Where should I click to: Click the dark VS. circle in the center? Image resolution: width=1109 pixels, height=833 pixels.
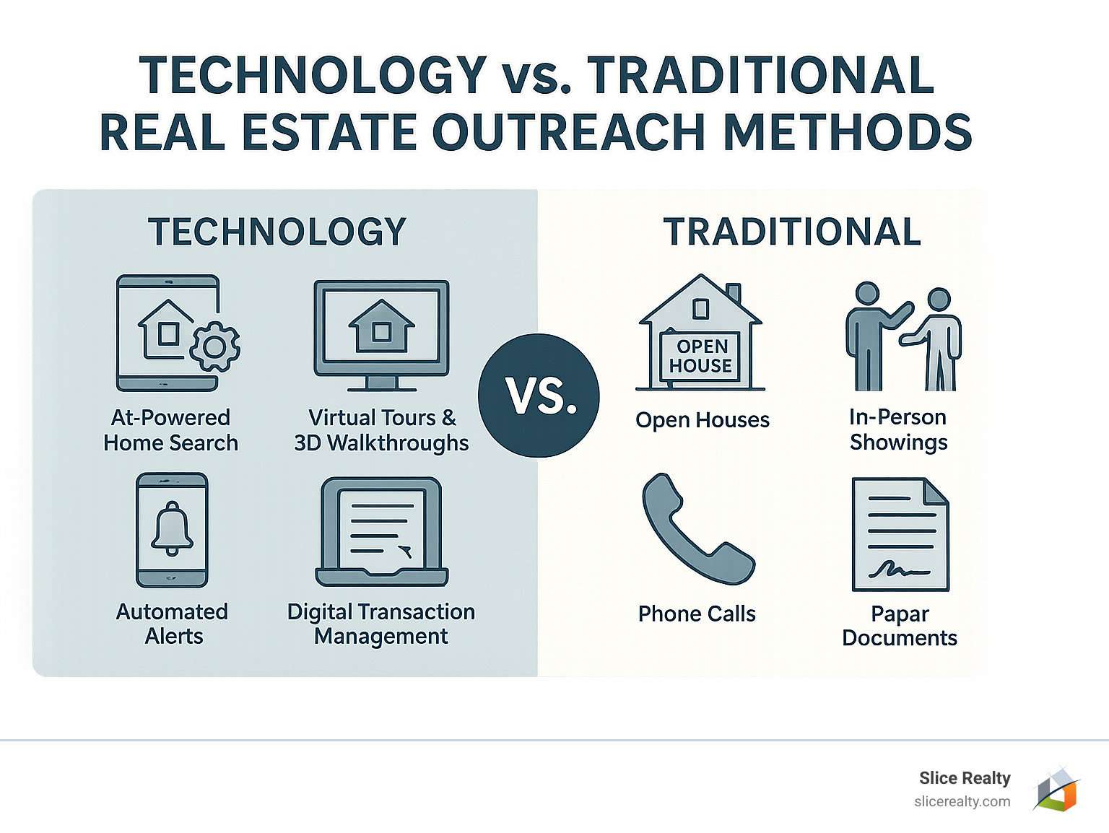tap(539, 396)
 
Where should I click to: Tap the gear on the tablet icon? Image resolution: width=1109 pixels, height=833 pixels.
tap(214, 347)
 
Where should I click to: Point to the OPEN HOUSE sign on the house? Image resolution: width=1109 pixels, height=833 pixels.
tap(700, 356)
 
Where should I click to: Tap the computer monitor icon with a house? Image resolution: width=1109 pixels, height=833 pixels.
tap(381, 334)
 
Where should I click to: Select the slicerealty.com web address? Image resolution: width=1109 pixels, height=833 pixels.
tap(962, 801)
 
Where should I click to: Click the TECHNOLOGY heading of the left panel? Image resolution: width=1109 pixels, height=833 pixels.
tap(277, 232)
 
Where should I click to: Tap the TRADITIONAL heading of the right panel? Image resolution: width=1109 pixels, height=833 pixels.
tap(792, 232)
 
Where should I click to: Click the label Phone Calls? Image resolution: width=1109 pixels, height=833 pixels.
tap(697, 614)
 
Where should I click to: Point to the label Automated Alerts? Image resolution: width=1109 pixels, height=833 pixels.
tap(173, 624)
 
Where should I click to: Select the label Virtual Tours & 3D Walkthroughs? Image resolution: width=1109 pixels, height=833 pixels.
tap(381, 430)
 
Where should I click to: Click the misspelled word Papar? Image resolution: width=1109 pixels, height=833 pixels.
tap(900, 614)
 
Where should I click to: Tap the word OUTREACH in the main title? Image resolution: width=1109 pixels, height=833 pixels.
tap(568, 133)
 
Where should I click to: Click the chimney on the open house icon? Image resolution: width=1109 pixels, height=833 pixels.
tap(734, 292)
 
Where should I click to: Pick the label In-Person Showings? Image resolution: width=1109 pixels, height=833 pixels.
tap(898, 429)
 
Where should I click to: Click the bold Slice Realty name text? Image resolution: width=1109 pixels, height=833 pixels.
tap(965, 778)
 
